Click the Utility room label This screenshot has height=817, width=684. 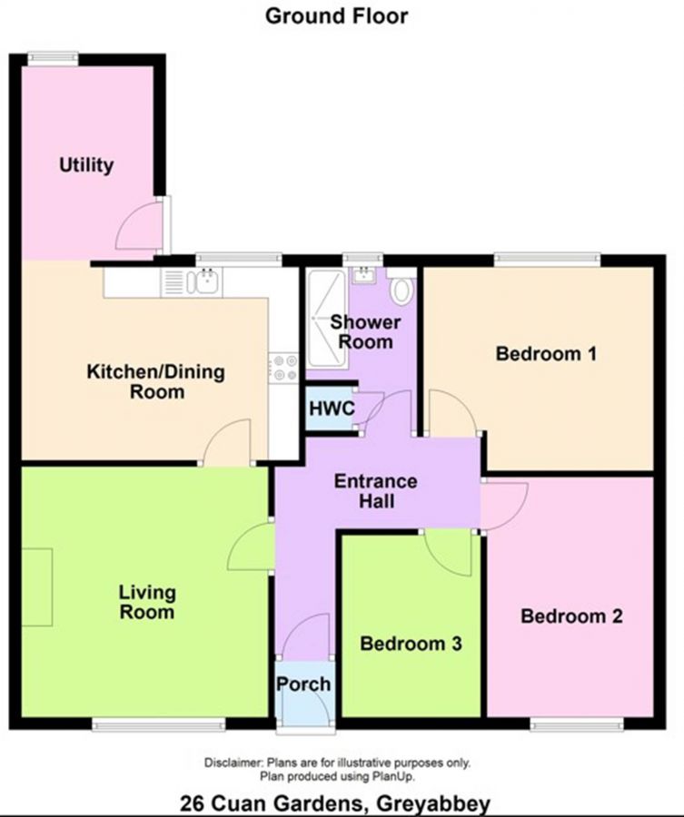click(86, 165)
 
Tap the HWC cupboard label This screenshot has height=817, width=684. click(332, 408)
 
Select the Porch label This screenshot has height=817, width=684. click(303, 684)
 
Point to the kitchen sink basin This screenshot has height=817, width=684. click(207, 281)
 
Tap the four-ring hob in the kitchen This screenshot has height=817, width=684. click(284, 368)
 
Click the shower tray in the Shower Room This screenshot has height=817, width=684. click(326, 319)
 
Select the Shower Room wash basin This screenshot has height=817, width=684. click(364, 276)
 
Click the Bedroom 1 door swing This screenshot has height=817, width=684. click(452, 412)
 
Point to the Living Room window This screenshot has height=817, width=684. click(159, 723)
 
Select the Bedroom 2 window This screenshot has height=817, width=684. click(577, 723)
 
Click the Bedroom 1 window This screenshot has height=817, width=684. click(547, 260)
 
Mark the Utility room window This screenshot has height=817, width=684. click(53, 58)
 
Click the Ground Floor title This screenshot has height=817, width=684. click(336, 16)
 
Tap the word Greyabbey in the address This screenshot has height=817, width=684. click(433, 803)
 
